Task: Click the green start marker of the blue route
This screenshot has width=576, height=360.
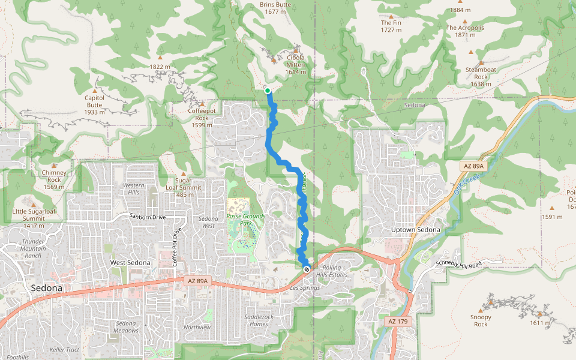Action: [268, 91]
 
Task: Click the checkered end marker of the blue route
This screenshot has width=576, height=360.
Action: [307, 269]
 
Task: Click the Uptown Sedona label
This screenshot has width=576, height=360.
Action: [415, 230]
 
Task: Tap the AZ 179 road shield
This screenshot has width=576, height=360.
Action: [398, 322]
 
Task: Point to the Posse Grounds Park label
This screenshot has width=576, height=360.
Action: [245, 220]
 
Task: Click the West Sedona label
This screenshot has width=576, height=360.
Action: [130, 262]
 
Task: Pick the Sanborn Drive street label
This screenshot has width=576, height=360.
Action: [146, 216]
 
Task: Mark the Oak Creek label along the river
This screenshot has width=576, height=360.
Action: [464, 184]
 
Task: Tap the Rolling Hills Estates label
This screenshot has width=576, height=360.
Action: [335, 271]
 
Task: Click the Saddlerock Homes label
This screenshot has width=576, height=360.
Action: [259, 320]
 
